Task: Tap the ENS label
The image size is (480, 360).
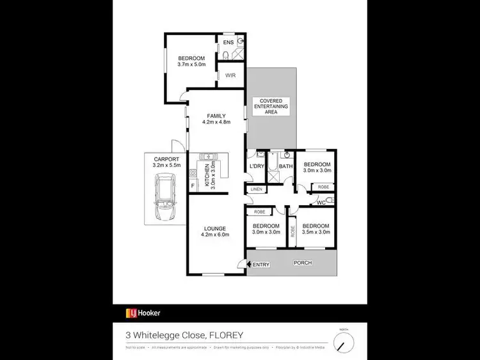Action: pyautogui.click(x=227, y=43)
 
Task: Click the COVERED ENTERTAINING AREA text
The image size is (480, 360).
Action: pyautogui.click(x=271, y=106)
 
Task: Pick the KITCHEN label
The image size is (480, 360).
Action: pyautogui.click(x=207, y=173)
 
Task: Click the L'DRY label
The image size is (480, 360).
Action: pyautogui.click(x=256, y=168)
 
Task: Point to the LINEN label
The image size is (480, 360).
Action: pyautogui.click(x=256, y=189)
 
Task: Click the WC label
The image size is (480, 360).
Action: pyautogui.click(x=321, y=203)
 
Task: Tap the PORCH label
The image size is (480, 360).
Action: pyautogui.click(x=302, y=263)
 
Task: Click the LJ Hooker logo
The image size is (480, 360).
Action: pyautogui.click(x=143, y=313)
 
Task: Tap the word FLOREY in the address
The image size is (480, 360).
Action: pyautogui.click(x=225, y=334)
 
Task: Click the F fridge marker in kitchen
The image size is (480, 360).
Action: pyautogui.click(x=193, y=186)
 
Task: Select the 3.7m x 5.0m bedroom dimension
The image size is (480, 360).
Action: pyautogui.click(x=193, y=64)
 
